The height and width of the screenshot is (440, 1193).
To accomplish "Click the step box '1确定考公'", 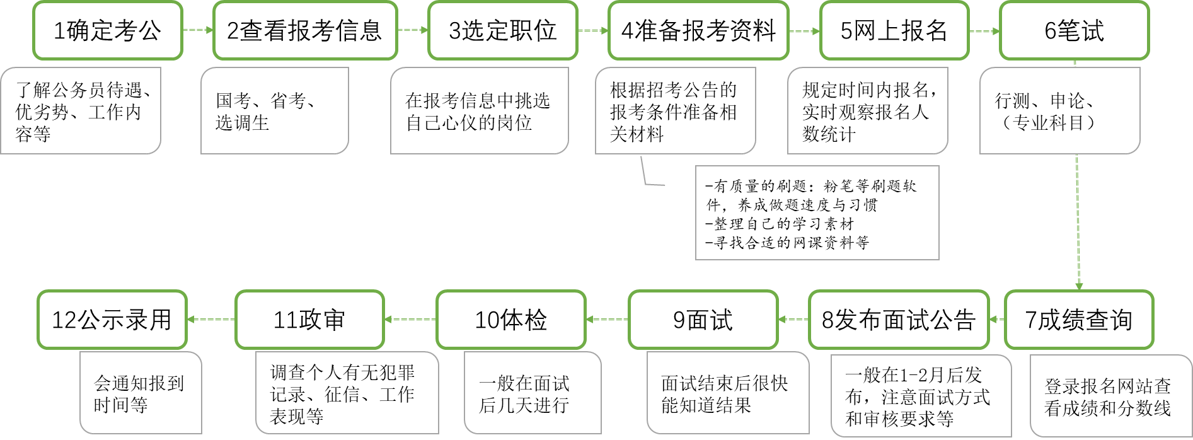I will [107, 30].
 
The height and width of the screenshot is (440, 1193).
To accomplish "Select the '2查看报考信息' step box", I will [305, 30].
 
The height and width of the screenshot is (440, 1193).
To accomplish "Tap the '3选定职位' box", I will [502, 30].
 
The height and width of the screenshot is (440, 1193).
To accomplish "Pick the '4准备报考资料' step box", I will [698, 30].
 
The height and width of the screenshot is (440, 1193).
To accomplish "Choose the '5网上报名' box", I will [894, 30].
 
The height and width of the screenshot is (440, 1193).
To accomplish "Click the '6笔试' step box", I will [1074, 30].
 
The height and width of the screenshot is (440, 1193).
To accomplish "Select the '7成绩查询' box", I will [1079, 320].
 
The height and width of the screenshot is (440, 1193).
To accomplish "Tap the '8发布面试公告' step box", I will [899, 320].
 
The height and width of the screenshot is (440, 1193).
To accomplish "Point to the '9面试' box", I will [703, 320].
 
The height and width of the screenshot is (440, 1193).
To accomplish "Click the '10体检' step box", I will [510, 320].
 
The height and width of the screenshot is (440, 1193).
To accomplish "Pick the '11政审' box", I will [309, 320].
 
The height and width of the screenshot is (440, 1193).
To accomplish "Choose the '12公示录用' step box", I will [112, 320].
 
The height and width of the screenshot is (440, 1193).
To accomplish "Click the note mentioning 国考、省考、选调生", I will [274, 111].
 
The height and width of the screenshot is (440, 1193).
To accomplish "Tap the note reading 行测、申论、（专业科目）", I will [1059, 111].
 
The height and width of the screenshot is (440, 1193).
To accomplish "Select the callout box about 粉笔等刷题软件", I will [817, 213].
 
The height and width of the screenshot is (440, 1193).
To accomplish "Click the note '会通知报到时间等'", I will [140, 393].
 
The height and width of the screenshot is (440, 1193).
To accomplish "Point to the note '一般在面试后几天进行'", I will [532, 393].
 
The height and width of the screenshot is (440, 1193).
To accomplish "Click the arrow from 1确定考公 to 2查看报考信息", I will [198, 30].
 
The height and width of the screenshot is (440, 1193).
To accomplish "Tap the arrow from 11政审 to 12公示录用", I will [211, 320].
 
